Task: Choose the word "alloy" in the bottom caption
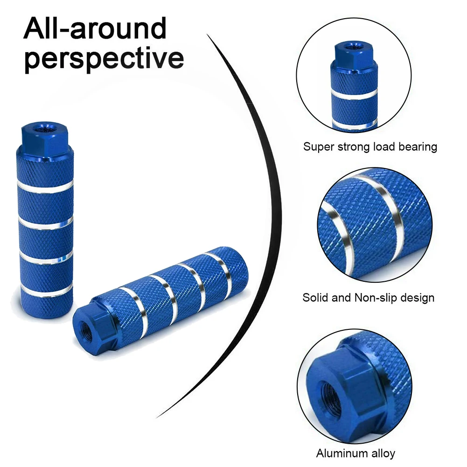383,453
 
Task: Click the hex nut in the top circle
348,52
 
